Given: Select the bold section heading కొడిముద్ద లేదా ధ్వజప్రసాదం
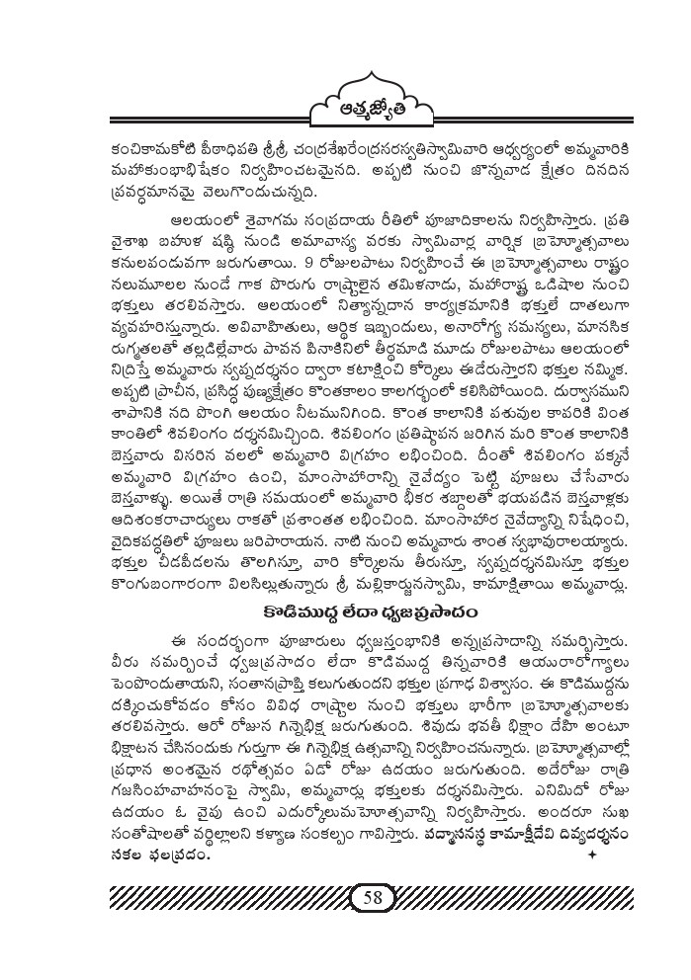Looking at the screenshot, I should pos(345,612).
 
